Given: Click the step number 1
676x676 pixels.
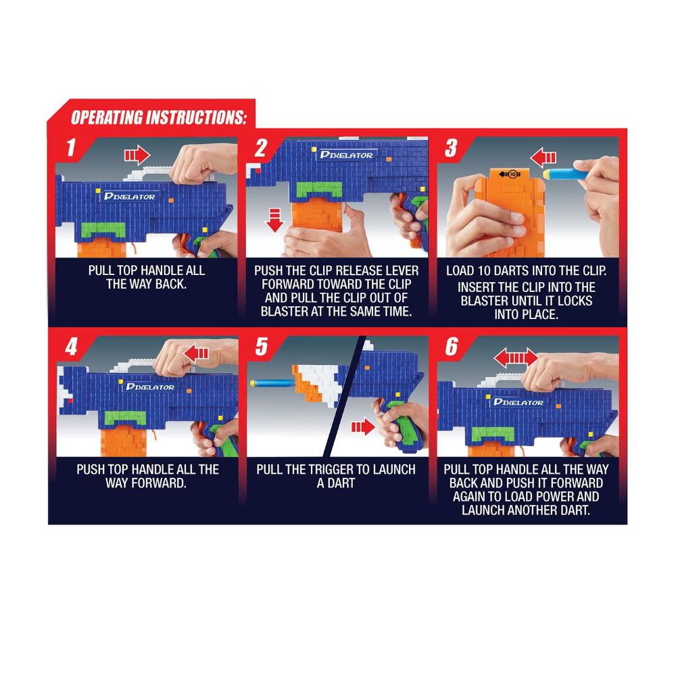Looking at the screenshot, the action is pos(71,148).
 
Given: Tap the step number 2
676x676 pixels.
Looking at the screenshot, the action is pos(261,148).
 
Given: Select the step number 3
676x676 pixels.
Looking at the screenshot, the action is pos(451,148).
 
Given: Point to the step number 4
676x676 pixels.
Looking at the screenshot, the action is pos(71,346).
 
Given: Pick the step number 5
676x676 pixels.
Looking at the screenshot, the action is pos(261,346).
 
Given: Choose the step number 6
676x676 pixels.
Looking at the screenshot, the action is pos(452,346).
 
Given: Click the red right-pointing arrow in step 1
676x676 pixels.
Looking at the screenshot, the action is pos(137,155).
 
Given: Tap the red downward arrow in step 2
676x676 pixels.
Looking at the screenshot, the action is pos(274,220).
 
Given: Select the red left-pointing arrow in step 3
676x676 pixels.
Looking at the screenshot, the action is pos(544,158).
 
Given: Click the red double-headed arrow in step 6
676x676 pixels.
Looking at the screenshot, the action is pos(516,358).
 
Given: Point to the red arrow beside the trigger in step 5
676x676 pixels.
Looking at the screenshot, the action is pos(363,427).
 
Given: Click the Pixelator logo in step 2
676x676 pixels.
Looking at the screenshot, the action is pos(346,155).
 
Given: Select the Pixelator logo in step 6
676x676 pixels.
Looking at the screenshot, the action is pos(518,402).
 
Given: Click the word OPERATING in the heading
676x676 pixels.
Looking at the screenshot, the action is pos(107,117).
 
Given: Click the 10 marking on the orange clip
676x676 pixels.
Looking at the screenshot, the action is pos(512,174).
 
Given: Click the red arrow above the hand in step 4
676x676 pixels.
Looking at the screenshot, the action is pos(196,354).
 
